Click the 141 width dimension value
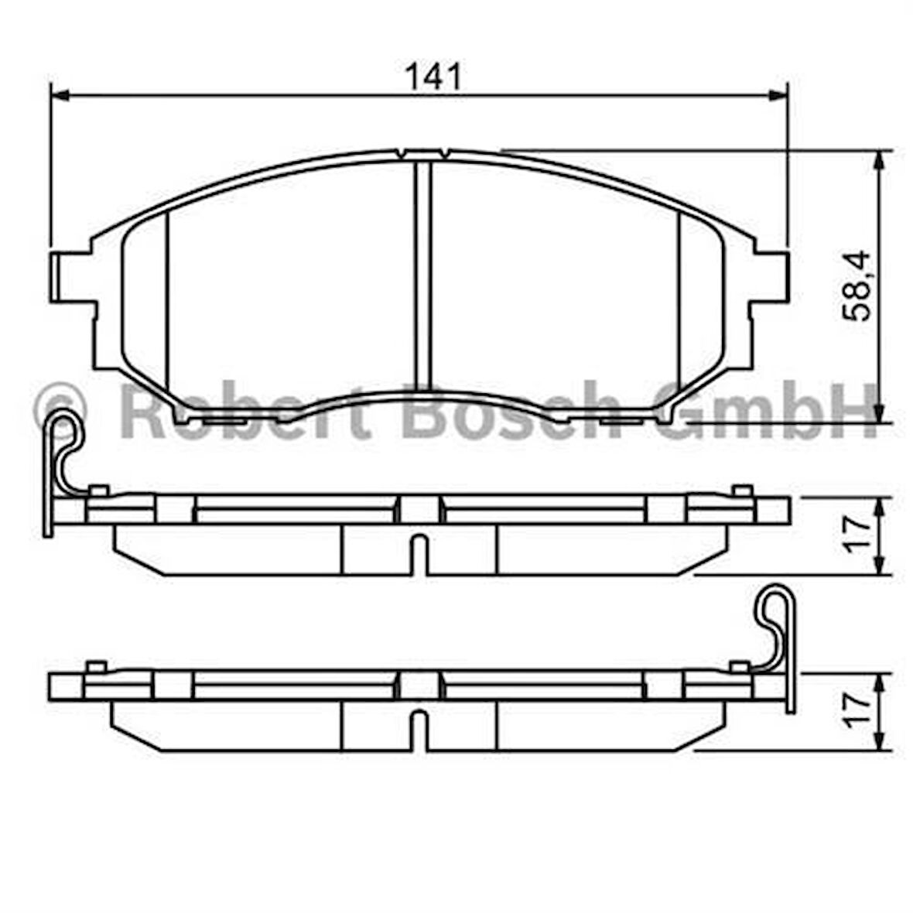point(434,77)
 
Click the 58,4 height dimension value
point(858,286)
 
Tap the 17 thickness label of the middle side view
point(857,535)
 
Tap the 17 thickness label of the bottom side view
point(857,710)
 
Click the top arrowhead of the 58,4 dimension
point(880,159)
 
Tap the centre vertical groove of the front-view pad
point(422,275)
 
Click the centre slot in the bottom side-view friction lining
point(417,730)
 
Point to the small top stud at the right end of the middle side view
point(741,491)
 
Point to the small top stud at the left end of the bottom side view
point(96,666)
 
